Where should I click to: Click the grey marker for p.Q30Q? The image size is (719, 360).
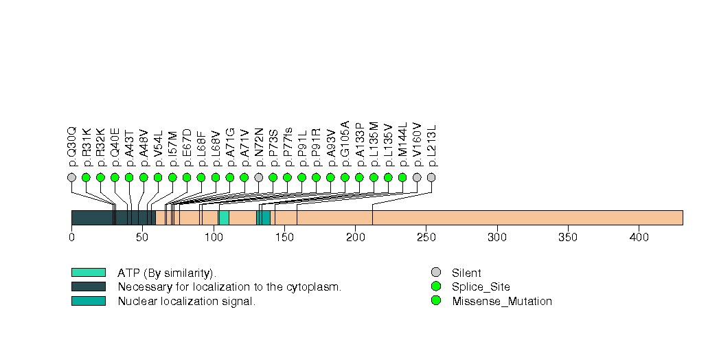(71, 177)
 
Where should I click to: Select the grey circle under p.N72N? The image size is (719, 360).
(259, 177)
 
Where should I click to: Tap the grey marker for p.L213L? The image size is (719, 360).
(431, 177)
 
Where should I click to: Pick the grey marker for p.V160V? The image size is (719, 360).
(417, 177)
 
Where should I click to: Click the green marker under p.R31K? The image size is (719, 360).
(86, 177)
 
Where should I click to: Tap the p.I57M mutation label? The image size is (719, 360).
(172, 147)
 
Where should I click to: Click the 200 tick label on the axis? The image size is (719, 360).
(355, 238)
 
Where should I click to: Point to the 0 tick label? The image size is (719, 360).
(71, 238)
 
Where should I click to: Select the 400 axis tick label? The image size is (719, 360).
(639, 238)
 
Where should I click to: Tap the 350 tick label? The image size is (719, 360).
(568, 238)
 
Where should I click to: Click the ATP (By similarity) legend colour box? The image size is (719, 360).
(88, 273)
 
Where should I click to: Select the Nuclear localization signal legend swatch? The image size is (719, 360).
(88, 301)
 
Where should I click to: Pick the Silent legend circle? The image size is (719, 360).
(435, 273)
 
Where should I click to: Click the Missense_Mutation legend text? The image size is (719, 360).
(502, 301)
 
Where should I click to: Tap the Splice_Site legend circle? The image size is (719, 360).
(435, 286)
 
